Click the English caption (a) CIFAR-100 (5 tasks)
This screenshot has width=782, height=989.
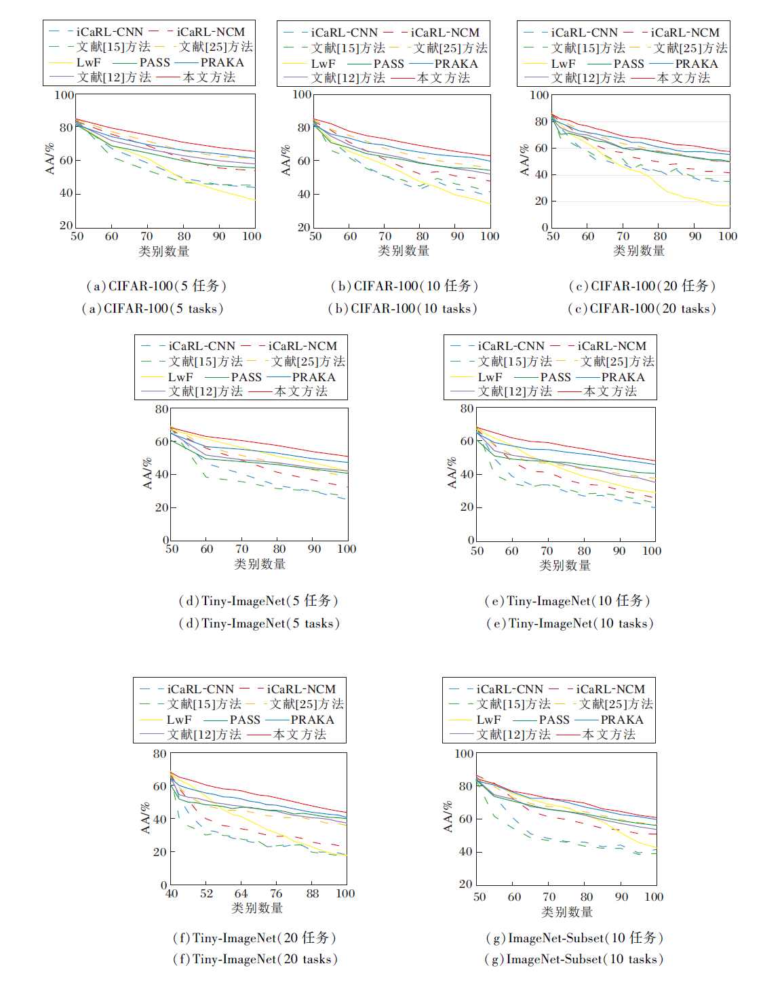(153, 309)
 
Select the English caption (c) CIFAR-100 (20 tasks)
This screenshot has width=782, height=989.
(642, 309)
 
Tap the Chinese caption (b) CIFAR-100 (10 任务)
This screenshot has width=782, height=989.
(404, 286)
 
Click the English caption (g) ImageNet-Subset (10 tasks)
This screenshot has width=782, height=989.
(574, 959)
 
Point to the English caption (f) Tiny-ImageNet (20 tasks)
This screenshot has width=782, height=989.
(255, 959)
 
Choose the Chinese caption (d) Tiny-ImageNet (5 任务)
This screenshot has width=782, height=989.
(258, 601)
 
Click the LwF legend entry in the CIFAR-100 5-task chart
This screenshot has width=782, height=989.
(88, 62)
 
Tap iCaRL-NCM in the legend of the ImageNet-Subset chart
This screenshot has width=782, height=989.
(610, 689)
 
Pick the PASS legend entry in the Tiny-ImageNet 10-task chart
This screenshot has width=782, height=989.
(555, 377)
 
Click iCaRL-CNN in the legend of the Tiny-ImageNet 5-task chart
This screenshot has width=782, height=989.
(201, 346)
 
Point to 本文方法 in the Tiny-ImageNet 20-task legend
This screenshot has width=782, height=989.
(299, 735)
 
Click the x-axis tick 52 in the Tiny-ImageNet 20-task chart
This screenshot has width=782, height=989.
(206, 894)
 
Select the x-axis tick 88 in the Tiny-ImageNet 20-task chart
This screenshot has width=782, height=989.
(312, 894)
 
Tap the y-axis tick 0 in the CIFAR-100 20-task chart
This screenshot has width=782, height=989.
(545, 228)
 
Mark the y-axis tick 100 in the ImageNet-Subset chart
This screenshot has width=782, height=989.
(464, 754)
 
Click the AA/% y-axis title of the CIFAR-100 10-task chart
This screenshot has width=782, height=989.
(286, 160)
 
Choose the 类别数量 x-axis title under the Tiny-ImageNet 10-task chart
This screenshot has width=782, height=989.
(565, 565)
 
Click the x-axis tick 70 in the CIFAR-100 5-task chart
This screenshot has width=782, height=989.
(146, 236)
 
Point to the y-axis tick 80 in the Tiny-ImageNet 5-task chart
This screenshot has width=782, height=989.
(161, 409)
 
